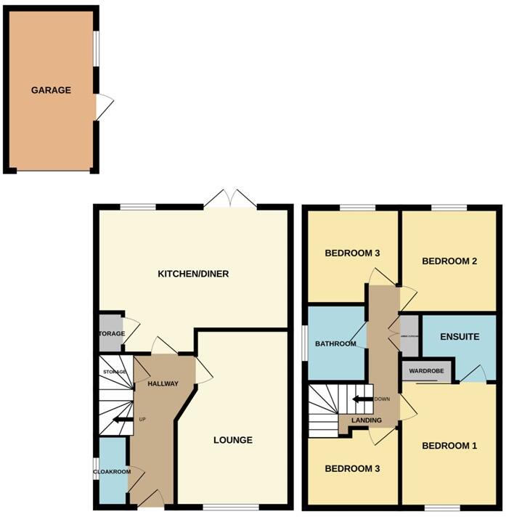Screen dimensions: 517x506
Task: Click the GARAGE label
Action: tap(51, 91)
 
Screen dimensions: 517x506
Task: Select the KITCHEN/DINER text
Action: tap(193, 274)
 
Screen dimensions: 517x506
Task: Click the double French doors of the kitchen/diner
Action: tap(230, 199)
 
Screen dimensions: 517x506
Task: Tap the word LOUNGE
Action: tap(232, 440)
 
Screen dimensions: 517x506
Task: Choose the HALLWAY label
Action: tap(163, 383)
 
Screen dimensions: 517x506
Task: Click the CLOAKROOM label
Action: tap(111, 472)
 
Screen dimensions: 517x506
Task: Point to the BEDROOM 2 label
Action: tap(449, 261)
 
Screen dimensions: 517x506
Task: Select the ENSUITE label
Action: tap(460, 337)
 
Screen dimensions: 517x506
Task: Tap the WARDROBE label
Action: tap(426, 371)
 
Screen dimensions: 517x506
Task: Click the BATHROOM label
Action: tap(335, 343)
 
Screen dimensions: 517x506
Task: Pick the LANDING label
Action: tap(367, 421)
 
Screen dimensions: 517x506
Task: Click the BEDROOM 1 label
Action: tap(449, 446)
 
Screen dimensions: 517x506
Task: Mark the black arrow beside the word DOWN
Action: tap(359, 399)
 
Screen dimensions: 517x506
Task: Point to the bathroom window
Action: tap(303, 343)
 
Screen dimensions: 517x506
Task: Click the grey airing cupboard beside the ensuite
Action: tap(409, 335)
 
